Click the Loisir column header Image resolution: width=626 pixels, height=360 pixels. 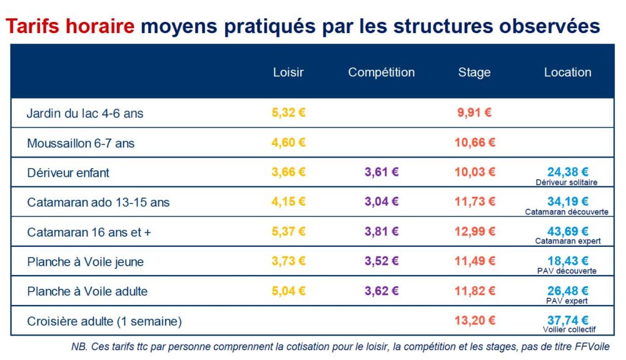click(x=288, y=72)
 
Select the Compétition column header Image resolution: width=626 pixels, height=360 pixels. click(x=381, y=72)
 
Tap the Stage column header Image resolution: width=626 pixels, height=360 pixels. click(x=474, y=72)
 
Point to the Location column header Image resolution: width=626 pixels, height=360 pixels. click(x=567, y=72)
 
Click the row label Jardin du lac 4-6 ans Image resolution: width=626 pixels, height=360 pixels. click(x=85, y=113)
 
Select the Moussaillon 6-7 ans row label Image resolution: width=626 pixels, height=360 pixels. click(x=81, y=143)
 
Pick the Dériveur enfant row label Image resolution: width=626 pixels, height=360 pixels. click(x=68, y=172)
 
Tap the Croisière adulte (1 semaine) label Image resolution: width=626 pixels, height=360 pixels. click(x=105, y=321)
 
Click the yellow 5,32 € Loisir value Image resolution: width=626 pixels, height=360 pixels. click(x=289, y=112)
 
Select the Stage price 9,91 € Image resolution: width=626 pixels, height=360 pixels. click(x=474, y=112)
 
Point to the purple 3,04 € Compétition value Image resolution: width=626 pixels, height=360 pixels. click(x=381, y=202)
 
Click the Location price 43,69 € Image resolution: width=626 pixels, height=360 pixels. click(x=568, y=231)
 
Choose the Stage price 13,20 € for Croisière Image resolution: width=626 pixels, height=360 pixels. click(x=474, y=320)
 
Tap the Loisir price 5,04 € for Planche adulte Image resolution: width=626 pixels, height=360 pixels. click(x=289, y=291)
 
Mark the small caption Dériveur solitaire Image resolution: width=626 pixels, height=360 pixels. click(x=567, y=182)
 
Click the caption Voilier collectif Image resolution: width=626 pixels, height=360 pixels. click(x=567, y=330)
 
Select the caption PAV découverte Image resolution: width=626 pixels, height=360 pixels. click(x=567, y=271)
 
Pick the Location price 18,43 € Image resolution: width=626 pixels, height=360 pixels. click(x=568, y=261)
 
